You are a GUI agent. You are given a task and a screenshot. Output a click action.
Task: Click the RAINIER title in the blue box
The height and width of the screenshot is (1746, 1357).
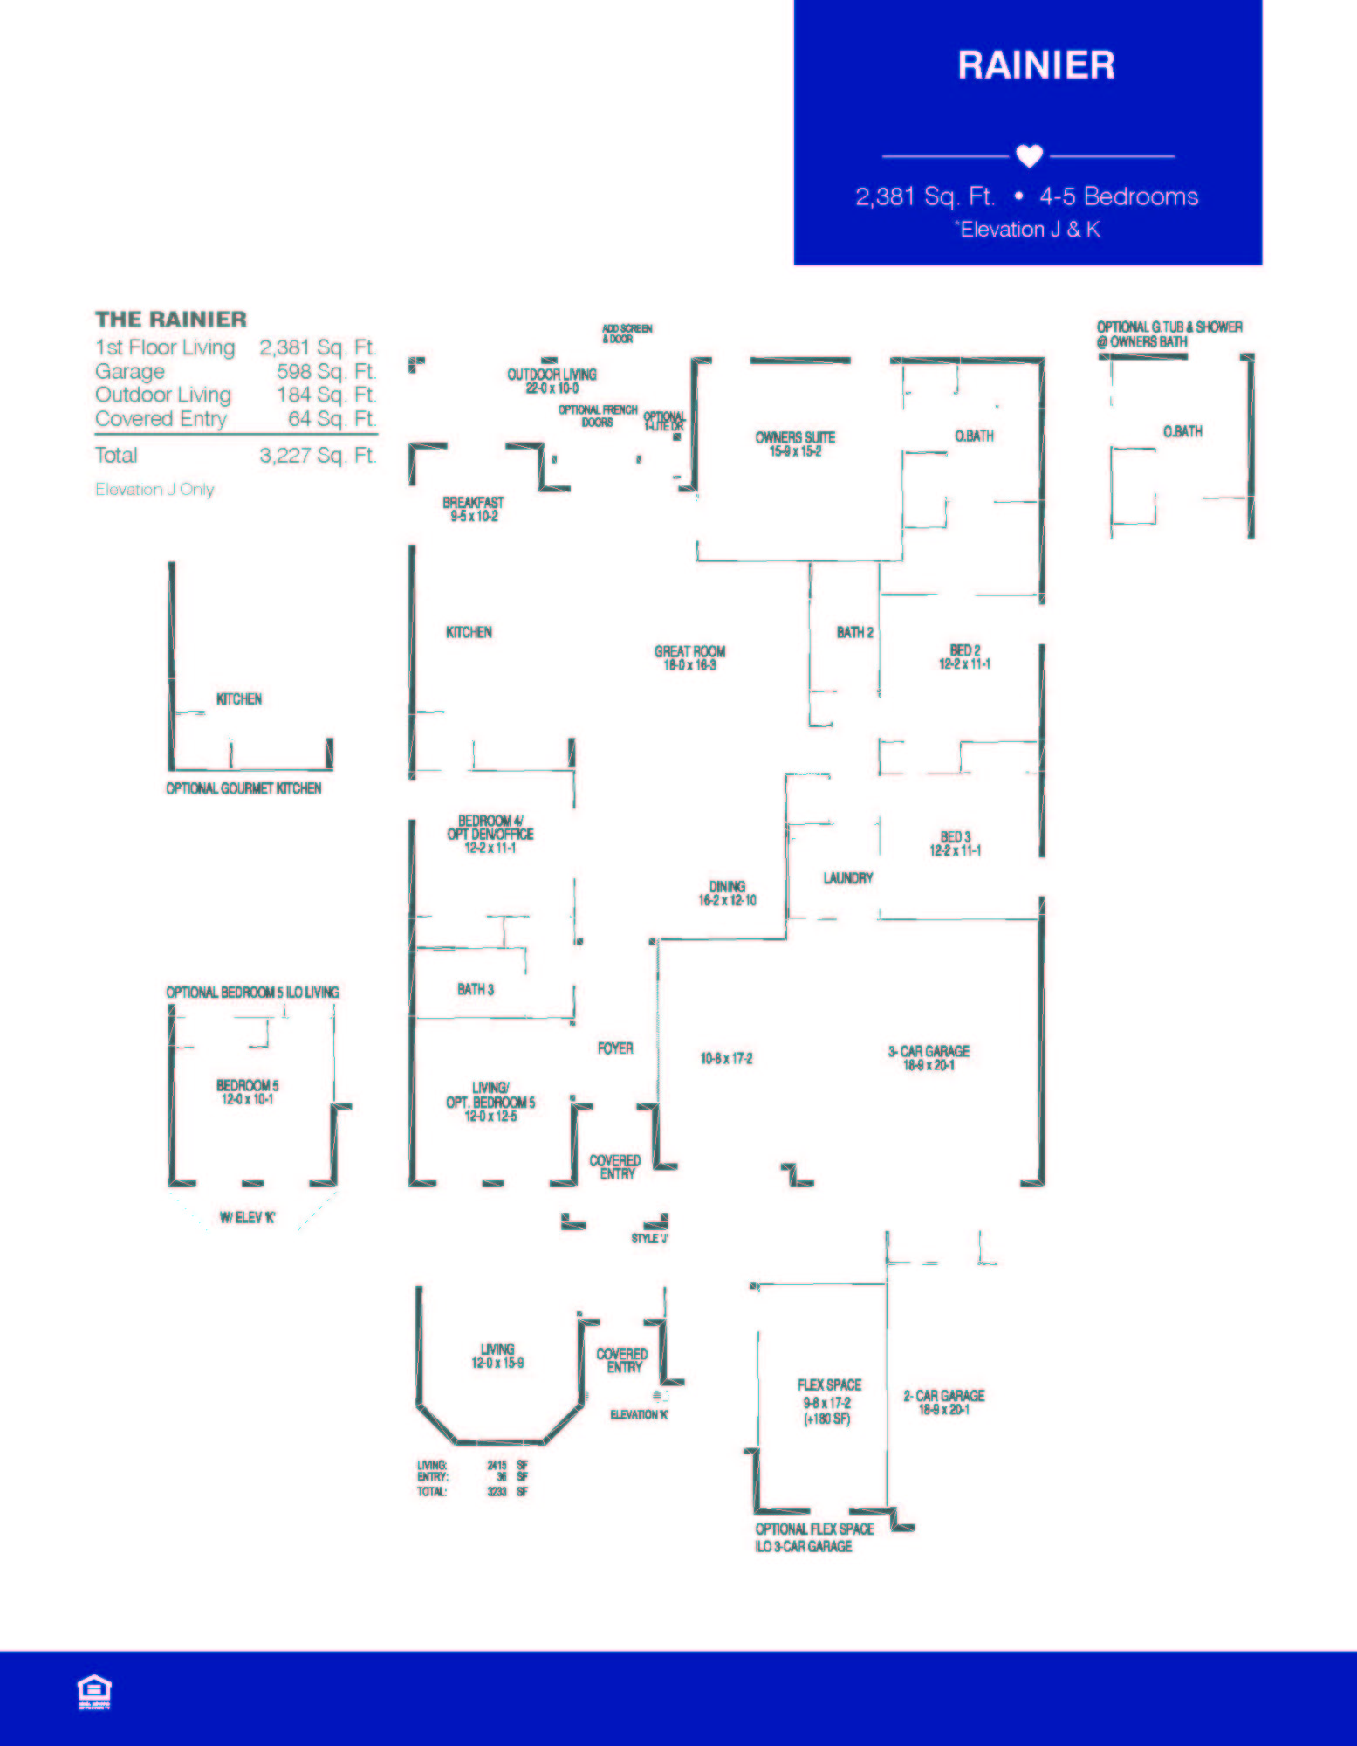(x=1036, y=65)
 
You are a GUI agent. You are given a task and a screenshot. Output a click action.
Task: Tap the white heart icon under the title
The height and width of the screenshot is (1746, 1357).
(x=1030, y=155)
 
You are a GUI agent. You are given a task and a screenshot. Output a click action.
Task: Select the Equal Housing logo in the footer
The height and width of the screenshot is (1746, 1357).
(x=94, y=1691)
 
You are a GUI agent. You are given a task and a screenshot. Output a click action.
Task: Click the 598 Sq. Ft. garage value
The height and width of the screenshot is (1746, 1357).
(x=326, y=371)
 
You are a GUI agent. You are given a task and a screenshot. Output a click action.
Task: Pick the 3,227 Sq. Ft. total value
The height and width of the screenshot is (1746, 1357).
(x=318, y=455)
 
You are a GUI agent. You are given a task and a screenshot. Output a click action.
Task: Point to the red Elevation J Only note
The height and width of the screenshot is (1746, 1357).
(x=154, y=490)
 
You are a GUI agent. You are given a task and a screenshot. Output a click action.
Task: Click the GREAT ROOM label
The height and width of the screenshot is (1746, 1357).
(x=689, y=652)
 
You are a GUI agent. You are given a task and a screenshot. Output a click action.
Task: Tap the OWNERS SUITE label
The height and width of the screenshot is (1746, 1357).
(x=795, y=438)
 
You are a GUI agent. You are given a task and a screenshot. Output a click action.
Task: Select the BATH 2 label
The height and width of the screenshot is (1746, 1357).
(x=854, y=632)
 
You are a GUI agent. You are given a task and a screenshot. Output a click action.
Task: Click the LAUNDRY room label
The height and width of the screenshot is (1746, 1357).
(x=847, y=878)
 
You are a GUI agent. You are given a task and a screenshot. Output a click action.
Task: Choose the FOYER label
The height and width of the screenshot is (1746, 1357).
(x=615, y=1048)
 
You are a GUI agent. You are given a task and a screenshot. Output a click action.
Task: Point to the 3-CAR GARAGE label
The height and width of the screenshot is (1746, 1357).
(x=929, y=1052)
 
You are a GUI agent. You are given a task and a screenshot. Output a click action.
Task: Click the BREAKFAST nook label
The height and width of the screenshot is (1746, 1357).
(x=473, y=503)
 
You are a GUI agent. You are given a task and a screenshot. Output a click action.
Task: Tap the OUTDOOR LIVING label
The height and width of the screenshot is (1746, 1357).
(x=552, y=375)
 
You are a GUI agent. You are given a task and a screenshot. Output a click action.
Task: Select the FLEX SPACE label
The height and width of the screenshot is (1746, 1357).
(x=829, y=1385)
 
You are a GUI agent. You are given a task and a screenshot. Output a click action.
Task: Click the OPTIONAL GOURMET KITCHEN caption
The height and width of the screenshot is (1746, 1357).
(x=243, y=788)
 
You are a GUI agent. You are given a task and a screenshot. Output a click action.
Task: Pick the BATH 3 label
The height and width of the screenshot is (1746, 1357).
(x=476, y=989)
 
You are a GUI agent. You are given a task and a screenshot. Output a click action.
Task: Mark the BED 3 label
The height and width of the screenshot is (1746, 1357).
(x=956, y=838)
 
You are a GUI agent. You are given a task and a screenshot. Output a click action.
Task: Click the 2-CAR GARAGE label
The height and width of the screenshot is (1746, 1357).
(x=943, y=1396)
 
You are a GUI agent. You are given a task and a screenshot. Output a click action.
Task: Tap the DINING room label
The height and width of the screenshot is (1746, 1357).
(x=727, y=887)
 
